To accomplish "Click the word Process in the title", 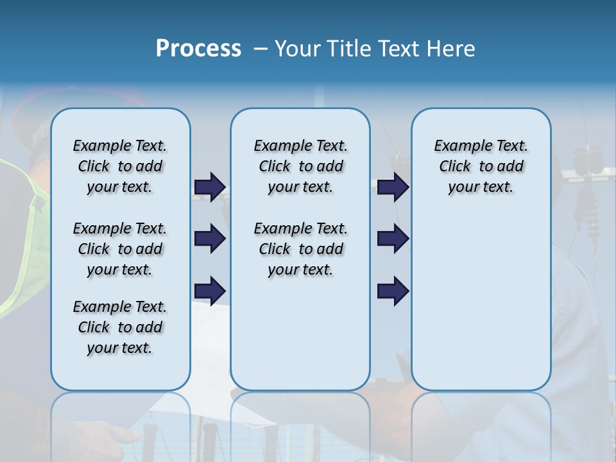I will pos(198,49).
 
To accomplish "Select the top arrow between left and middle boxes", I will pos(210,187).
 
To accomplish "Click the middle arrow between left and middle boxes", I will pos(210,239).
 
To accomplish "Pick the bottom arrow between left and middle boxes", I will pos(210,290).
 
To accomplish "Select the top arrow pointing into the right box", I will pos(393,187).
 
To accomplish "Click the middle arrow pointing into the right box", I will pos(393,239).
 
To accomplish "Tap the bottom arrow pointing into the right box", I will pos(393,290).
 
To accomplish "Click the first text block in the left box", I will pos(120,166).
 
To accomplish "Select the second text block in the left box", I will pos(120,249).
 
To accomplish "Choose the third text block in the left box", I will pos(120,327).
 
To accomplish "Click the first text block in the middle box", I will pos(300,166).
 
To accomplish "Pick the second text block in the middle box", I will pos(300,249).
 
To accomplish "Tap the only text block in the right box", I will pos(481,166).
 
